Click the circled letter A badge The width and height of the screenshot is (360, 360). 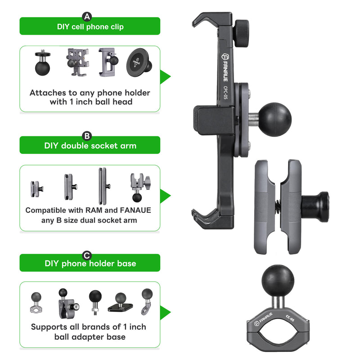coord(87,17)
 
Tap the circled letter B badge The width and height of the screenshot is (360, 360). coord(87,136)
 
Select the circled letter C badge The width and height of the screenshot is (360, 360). coord(87,255)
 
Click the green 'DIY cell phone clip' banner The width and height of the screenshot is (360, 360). coord(90,26)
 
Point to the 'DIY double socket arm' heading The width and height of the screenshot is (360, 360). coord(90,145)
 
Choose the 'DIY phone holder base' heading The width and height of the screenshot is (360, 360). coord(90,263)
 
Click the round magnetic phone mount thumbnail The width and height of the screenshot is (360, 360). coord(139,63)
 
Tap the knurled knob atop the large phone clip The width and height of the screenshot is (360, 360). coord(241,33)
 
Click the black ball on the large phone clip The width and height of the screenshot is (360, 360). coord(275,119)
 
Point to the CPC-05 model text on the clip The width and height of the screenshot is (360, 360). coord(225,93)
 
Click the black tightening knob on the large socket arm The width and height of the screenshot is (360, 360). coord(316,207)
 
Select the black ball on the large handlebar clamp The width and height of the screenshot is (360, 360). coord(278,281)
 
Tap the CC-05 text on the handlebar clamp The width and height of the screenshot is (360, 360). coord(290,318)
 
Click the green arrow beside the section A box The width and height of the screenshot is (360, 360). coord(165,76)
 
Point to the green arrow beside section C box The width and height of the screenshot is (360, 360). coord(165,312)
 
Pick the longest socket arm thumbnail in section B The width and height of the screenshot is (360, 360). coord(104,186)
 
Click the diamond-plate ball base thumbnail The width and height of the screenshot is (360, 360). coord(120,302)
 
